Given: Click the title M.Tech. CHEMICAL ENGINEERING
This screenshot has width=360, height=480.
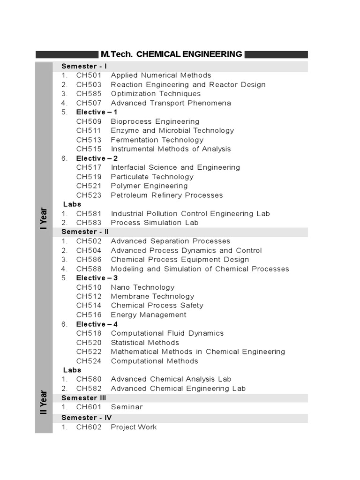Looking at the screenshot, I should pyautogui.click(x=172, y=54).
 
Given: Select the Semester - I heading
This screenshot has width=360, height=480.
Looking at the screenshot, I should pyautogui.click(x=84, y=66).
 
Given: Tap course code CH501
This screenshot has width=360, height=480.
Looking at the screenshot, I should pyautogui.click(x=89, y=75).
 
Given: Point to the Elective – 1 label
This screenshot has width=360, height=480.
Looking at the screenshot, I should pyautogui.click(x=97, y=112).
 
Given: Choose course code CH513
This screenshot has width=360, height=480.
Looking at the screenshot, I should pyautogui.click(x=89, y=140).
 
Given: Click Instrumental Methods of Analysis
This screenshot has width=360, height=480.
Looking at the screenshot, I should pyautogui.click(x=171, y=149).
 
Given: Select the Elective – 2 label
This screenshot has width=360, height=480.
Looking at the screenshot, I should pyautogui.click(x=97, y=158).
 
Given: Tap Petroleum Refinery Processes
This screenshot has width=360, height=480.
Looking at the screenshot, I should pyautogui.click(x=167, y=195).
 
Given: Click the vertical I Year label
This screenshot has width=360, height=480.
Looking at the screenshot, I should pyautogui.click(x=44, y=218).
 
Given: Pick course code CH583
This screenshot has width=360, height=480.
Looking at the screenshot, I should pyautogui.click(x=89, y=223).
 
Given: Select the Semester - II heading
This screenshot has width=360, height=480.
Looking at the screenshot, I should pyautogui.click(x=85, y=232).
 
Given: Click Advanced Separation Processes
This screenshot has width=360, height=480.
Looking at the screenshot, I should pyautogui.click(x=171, y=241).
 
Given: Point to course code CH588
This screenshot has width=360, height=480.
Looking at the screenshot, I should pyautogui.click(x=89, y=269).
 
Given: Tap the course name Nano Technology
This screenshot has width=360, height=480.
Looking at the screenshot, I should pyautogui.click(x=142, y=287).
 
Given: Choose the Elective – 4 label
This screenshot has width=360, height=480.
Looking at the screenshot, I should pyautogui.click(x=97, y=324).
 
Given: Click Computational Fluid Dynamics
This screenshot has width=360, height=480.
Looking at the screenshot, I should pyautogui.click(x=167, y=333).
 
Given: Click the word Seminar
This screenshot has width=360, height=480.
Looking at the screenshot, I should pyautogui.click(x=127, y=407).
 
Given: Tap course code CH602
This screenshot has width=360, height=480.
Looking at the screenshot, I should pyautogui.click(x=89, y=427).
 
